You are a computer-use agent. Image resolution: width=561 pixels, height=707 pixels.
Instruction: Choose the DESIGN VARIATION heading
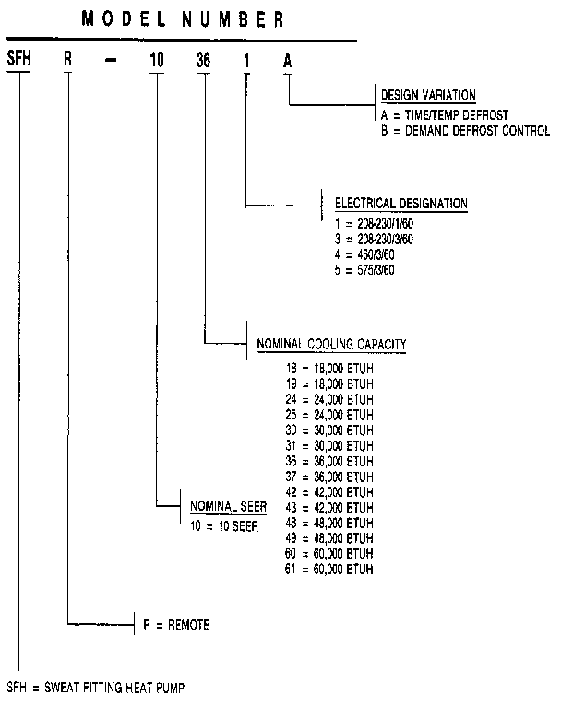tap(428, 95)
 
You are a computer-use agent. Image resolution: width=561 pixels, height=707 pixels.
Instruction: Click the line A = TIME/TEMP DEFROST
tap(443, 115)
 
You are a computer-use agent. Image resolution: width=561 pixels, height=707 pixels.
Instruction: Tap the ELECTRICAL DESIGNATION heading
tap(400, 204)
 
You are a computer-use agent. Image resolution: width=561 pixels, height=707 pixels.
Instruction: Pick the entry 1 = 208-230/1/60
tap(374, 224)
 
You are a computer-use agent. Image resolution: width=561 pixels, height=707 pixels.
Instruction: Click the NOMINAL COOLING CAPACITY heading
tap(330, 346)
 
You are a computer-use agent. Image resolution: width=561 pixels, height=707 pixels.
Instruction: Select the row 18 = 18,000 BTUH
tap(329, 369)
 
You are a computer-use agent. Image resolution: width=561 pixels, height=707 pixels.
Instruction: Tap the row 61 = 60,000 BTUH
tap(329, 568)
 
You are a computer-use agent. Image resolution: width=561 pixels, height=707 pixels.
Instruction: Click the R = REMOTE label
tap(175, 625)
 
